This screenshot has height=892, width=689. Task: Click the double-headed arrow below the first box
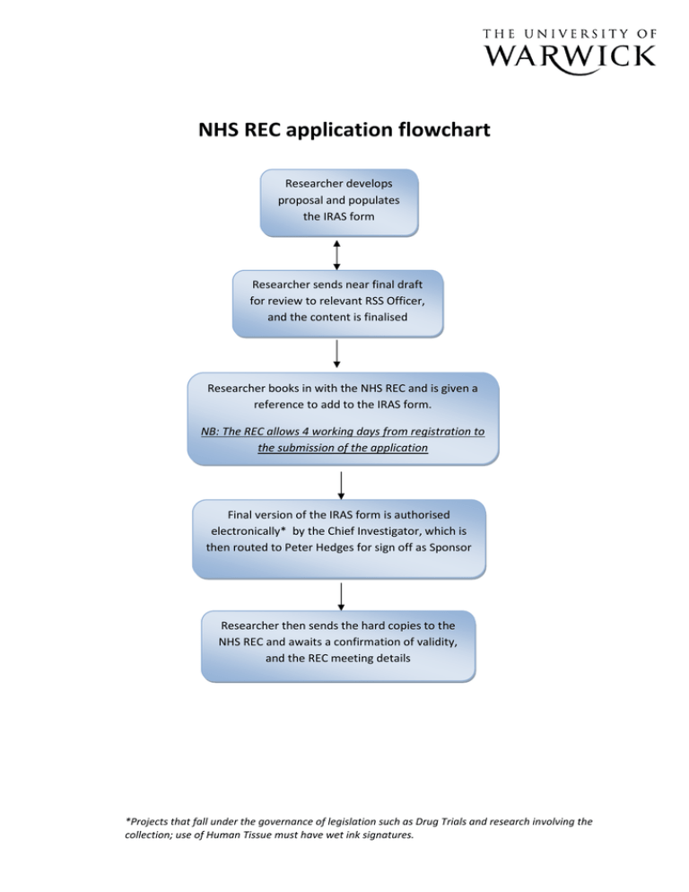click(x=336, y=254)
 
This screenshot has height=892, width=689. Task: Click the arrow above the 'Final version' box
click(x=341, y=485)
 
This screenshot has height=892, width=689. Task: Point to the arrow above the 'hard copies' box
click(x=341, y=598)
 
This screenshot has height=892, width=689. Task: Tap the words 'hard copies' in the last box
click(x=367, y=623)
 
